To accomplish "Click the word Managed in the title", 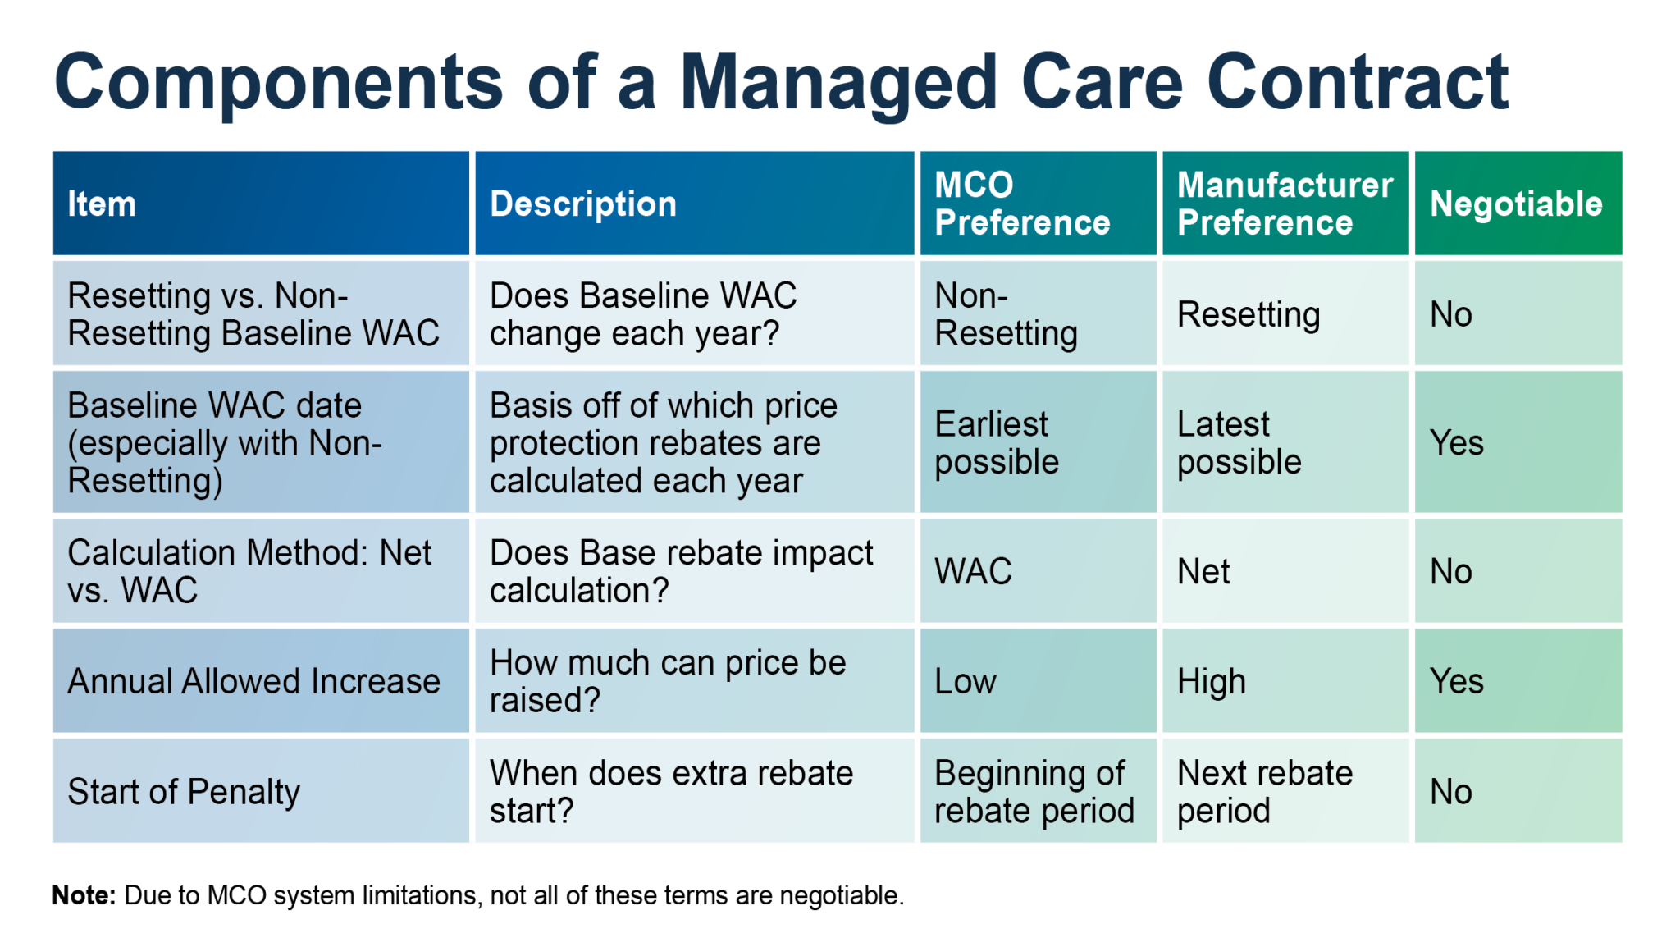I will click(838, 82).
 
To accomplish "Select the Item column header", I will click(102, 204).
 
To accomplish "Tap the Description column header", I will click(583, 204).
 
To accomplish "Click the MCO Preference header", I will click(1022, 204).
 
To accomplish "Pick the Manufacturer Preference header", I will click(1285, 204).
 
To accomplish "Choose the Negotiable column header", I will click(1516, 204).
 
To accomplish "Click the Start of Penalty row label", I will click(184, 792).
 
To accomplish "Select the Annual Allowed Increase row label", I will click(253, 681).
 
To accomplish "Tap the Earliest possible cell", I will click(997, 443).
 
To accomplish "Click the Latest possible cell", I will click(1239, 443).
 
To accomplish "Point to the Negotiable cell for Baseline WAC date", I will click(1457, 443).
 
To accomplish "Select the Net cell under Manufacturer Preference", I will click(1203, 571).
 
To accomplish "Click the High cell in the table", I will click(1211, 681).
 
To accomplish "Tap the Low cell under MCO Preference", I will click(966, 681).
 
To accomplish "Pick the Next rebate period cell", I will click(1264, 792).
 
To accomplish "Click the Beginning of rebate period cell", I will click(1034, 792).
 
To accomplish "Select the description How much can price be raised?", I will click(667, 681).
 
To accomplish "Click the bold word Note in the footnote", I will click(83, 895).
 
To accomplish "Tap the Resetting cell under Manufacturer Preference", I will click(1249, 314).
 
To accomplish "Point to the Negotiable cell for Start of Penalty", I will click(1450, 792).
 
